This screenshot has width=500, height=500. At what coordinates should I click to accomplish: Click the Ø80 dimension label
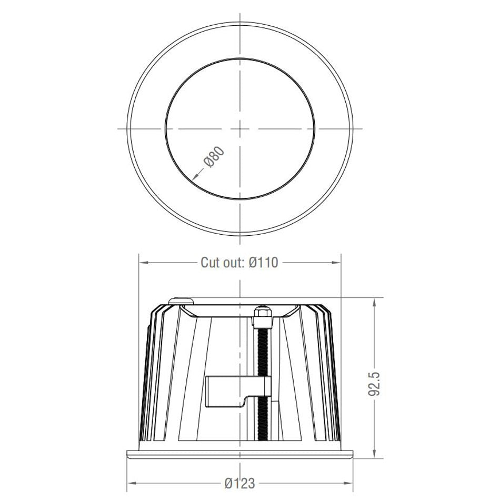215,157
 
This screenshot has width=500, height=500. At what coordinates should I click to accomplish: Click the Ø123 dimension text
239,483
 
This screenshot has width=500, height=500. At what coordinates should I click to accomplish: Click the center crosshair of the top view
240,128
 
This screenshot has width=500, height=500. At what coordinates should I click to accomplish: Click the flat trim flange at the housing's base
240,454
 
